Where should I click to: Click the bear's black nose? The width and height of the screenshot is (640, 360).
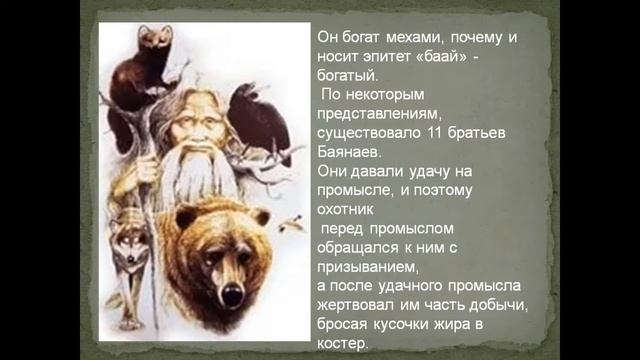coord(232,294)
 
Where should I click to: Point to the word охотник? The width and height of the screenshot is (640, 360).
coord(346,208)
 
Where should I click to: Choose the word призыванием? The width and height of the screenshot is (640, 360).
coord(367,265)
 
